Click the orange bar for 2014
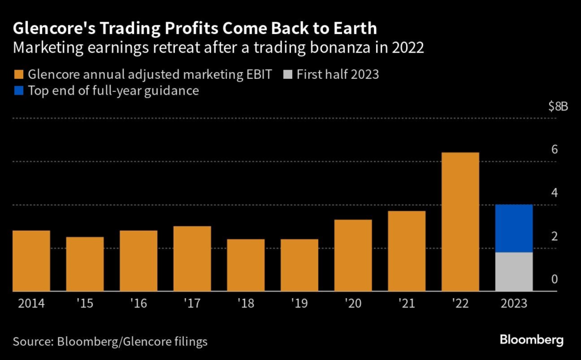31,261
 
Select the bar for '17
192,259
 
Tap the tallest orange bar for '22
460,222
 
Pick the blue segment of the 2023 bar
514,228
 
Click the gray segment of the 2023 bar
514,272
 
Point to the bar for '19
300,265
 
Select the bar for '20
353,255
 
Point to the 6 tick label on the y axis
554,150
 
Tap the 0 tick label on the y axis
554,279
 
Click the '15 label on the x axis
85,304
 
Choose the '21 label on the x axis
407,304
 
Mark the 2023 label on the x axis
514,304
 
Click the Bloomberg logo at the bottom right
531,340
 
